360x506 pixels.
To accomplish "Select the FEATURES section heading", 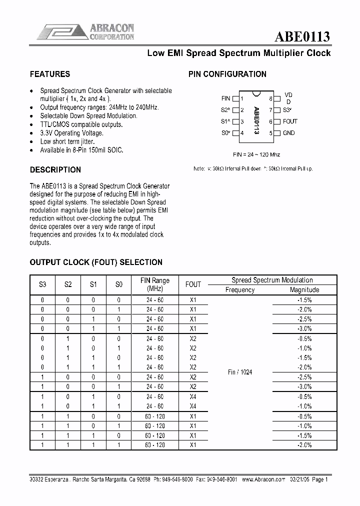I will point(50,74).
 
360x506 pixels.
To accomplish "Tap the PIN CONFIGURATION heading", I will point(227,74).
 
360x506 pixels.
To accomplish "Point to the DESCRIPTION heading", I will point(55,169).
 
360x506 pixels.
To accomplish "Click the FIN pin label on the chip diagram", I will point(225,99).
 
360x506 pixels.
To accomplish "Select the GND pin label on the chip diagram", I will point(289,133).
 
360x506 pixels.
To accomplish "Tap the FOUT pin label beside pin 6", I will point(290,121).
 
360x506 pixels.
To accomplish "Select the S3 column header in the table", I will point(42,284).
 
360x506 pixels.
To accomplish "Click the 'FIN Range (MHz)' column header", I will point(154,284).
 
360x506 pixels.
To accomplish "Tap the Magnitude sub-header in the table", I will point(304,289).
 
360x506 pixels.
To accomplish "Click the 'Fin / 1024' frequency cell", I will point(240,372).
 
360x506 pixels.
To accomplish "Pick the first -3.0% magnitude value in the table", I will point(304,328).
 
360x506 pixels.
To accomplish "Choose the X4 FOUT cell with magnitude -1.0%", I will point(193,406).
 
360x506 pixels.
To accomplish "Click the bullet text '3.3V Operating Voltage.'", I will point(71,133).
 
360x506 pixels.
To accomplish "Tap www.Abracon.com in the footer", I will point(262,478).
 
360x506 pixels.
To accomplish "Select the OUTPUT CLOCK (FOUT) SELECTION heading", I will point(96,262).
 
